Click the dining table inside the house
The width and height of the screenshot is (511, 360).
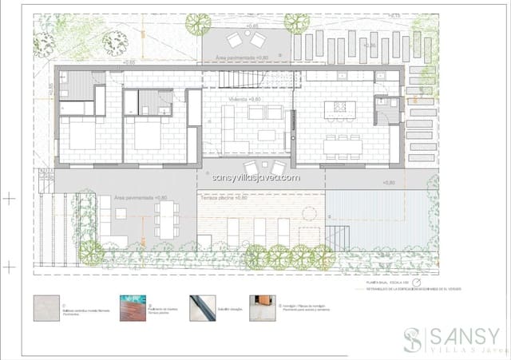click(x=343, y=145)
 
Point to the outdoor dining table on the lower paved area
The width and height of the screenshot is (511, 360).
click(x=166, y=217)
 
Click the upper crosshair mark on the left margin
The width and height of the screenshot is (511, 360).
click(x=9, y=196)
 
